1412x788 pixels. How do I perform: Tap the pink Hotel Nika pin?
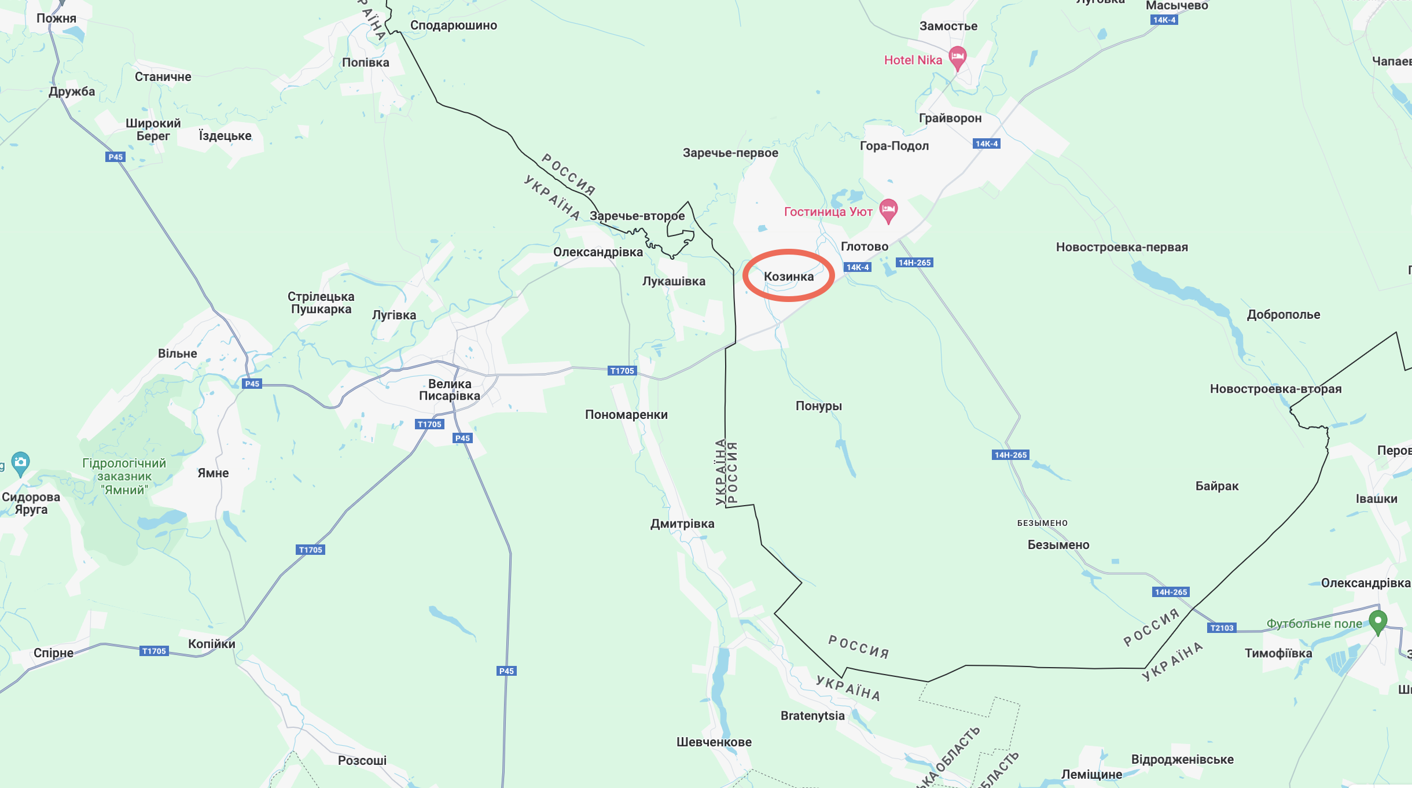(x=958, y=58)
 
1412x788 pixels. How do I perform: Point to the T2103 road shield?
(x=1222, y=628)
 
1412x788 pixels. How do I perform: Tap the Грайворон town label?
(x=950, y=118)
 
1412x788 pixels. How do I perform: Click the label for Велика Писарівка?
(x=450, y=390)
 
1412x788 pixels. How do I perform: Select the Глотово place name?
(x=865, y=246)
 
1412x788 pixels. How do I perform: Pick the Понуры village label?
(x=818, y=406)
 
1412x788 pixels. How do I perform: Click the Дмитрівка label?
(x=682, y=524)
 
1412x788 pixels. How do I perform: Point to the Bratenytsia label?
(x=812, y=716)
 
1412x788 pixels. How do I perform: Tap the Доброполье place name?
(x=1284, y=315)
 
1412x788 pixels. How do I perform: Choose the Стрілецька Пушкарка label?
(x=321, y=303)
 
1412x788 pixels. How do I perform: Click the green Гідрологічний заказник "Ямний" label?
(x=124, y=477)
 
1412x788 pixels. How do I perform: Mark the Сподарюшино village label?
(x=454, y=25)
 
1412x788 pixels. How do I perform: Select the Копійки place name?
(x=212, y=644)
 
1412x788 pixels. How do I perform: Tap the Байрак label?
(x=1217, y=486)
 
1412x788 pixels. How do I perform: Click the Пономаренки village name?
(x=626, y=415)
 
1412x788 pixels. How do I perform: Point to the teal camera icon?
(x=20, y=462)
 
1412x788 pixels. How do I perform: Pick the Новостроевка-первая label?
(x=1121, y=247)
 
